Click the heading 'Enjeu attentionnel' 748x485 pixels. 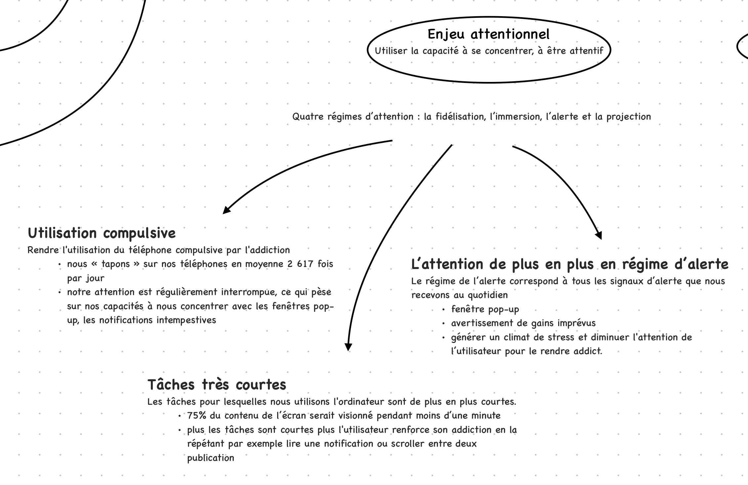tap(488, 34)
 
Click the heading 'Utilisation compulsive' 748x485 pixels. tap(102, 233)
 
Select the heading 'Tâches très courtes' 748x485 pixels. tap(217, 385)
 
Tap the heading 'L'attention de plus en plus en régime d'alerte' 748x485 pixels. tap(569, 264)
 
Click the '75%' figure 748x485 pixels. tap(197, 416)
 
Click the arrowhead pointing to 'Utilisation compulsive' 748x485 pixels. tap(227, 210)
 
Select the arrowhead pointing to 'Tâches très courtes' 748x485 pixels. tap(348, 347)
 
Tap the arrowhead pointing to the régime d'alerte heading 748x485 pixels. tap(598, 235)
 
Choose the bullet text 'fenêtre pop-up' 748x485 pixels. tap(485, 309)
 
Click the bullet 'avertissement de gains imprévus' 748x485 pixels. tap(523, 323)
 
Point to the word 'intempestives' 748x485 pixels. tap(186, 320)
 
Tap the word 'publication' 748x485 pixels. tap(211, 458)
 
